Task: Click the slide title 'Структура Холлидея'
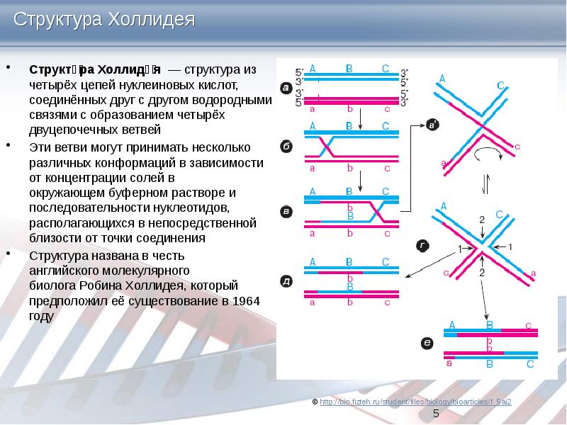(104, 18)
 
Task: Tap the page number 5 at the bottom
(437, 413)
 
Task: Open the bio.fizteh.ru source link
(415, 402)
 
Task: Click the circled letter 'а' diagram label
(285, 89)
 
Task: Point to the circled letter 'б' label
(285, 147)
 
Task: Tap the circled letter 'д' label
(285, 281)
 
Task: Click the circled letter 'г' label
(422, 246)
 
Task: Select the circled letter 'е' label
(427, 344)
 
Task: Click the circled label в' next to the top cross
(434, 125)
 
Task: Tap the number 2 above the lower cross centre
(481, 221)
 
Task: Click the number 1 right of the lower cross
(510, 246)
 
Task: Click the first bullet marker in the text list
(9, 69)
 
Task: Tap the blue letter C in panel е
(529, 364)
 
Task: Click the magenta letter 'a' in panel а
(313, 110)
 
